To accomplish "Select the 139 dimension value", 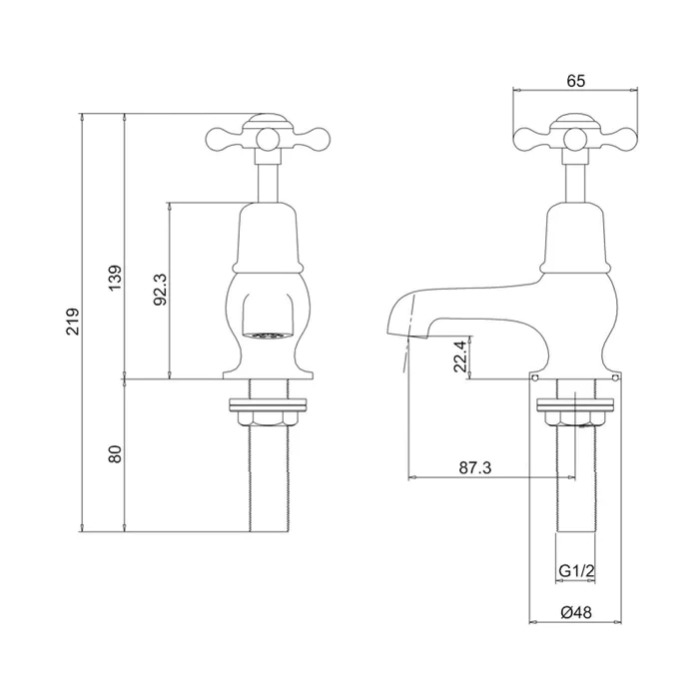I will [x=115, y=279].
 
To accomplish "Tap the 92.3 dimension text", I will [x=160, y=290].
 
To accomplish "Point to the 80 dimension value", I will [x=115, y=454].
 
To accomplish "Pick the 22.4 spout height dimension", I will [x=458, y=354].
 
